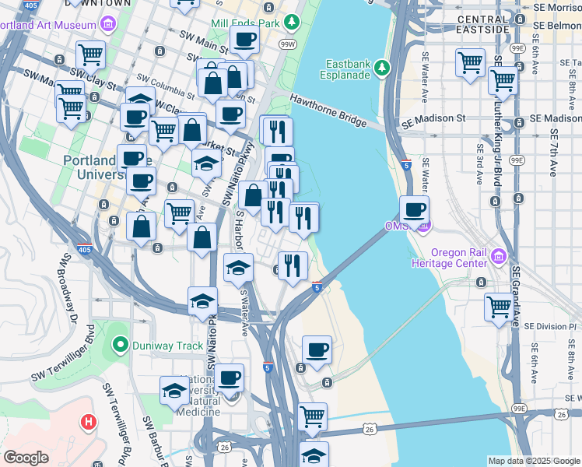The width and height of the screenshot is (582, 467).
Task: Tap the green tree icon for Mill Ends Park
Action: click(x=293, y=23)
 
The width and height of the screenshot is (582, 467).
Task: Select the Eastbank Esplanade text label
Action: click(x=346, y=68)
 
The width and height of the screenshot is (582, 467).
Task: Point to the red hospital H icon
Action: click(x=89, y=423)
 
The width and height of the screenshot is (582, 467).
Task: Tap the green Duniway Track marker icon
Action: click(x=120, y=343)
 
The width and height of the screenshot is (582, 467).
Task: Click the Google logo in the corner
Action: click(x=26, y=458)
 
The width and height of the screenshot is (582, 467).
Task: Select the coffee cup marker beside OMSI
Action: click(x=414, y=209)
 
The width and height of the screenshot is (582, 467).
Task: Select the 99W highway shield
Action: click(x=288, y=44)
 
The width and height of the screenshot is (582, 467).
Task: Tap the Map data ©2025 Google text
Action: click(x=534, y=461)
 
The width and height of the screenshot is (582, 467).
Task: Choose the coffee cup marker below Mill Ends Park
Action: click(x=244, y=39)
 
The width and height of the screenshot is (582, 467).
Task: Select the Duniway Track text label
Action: click(x=160, y=343)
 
